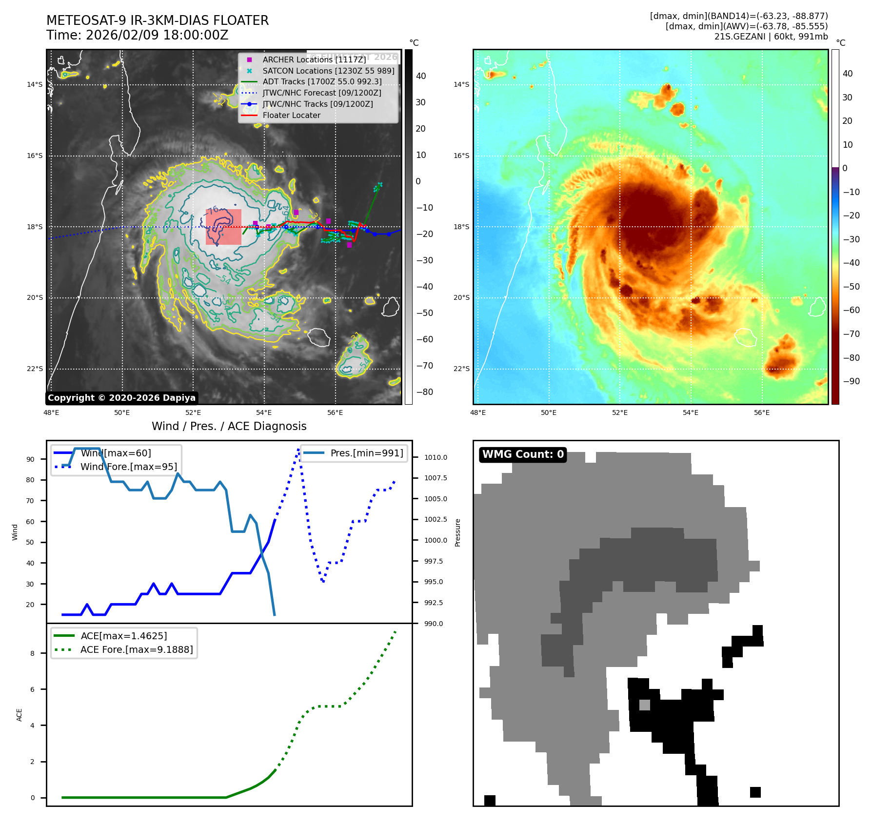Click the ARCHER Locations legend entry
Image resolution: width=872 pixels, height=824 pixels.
point(314,59)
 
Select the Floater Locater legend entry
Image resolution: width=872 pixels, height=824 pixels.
point(291,116)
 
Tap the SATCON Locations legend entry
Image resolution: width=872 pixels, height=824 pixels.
point(328,71)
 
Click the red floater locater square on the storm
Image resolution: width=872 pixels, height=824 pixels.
point(223,227)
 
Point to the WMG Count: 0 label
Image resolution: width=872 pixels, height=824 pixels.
point(523,454)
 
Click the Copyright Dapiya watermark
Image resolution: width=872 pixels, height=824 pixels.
point(121,398)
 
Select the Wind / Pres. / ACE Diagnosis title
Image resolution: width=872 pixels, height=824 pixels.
point(229,426)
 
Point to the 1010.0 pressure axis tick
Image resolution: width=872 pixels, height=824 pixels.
point(435,457)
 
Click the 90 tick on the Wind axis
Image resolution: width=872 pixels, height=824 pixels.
point(31,459)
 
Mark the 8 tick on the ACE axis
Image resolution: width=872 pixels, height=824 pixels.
point(33,653)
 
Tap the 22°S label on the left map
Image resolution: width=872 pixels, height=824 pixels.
point(35,369)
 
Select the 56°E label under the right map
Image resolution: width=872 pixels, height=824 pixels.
point(762,412)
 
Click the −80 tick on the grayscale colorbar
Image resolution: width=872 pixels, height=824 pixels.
point(424,392)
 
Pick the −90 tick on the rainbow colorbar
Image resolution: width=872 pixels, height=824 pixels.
point(851,381)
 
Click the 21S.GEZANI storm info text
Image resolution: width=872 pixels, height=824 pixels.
point(771,37)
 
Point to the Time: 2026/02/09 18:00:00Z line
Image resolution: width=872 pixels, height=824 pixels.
point(137,35)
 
